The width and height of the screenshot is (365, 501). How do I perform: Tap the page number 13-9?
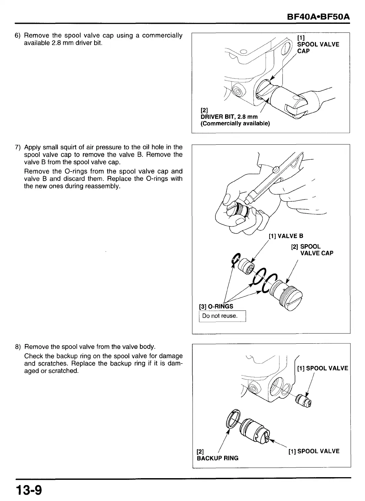28,489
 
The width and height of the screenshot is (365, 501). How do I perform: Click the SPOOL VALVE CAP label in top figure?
318,47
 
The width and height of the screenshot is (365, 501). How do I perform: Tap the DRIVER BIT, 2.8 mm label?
229,117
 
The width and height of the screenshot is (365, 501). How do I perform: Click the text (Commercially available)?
235,124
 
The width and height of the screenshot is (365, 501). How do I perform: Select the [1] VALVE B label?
286,236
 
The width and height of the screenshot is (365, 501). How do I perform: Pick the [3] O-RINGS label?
216,306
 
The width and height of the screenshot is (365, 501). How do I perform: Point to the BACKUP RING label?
217,458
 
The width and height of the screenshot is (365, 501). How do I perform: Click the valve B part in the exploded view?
247,266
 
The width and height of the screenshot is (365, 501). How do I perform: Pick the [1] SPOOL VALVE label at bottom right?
314,451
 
